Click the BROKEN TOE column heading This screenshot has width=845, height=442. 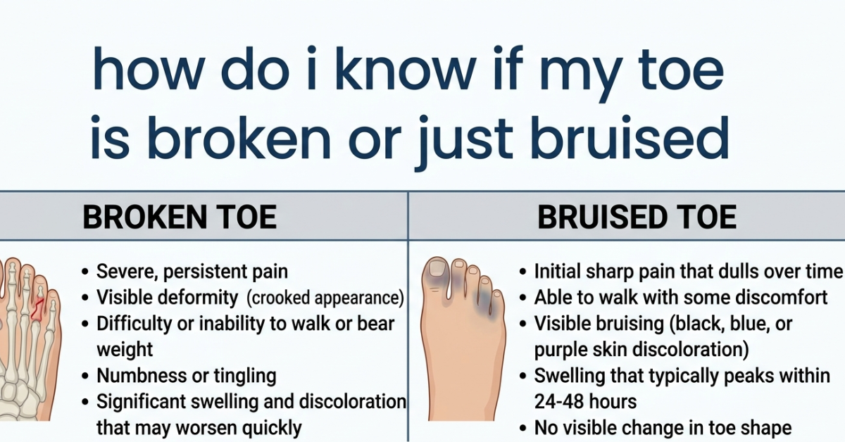[179, 217]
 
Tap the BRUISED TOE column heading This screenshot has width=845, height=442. [637, 217]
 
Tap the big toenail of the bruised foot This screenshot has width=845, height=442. [437, 269]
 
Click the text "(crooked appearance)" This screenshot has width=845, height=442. [325, 298]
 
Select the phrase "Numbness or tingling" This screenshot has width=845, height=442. [186, 375]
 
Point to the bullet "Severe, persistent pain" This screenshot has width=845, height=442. [192, 272]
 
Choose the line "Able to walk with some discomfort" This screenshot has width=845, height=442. [681, 298]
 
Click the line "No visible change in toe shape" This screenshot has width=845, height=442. [663, 427]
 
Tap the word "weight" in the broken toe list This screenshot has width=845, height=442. [125, 349]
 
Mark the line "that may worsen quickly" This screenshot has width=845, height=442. [199, 427]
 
